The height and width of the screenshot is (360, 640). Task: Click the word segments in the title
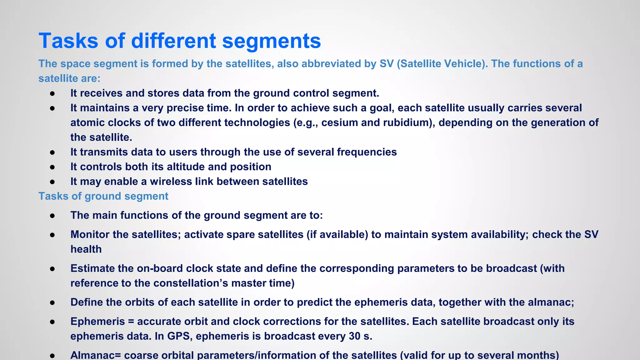pyautogui.click(x=271, y=41)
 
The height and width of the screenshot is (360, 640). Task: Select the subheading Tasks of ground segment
pyautogui.click(x=103, y=196)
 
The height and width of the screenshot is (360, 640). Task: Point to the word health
pyautogui.click(x=86, y=249)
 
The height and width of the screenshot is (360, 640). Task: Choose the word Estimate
pyautogui.click(x=93, y=268)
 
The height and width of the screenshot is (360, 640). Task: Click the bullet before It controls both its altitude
pyautogui.click(x=52, y=167)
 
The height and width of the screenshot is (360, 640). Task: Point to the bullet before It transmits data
pyautogui.click(x=52, y=152)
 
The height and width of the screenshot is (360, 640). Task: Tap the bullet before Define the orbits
pyautogui.click(x=52, y=302)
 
